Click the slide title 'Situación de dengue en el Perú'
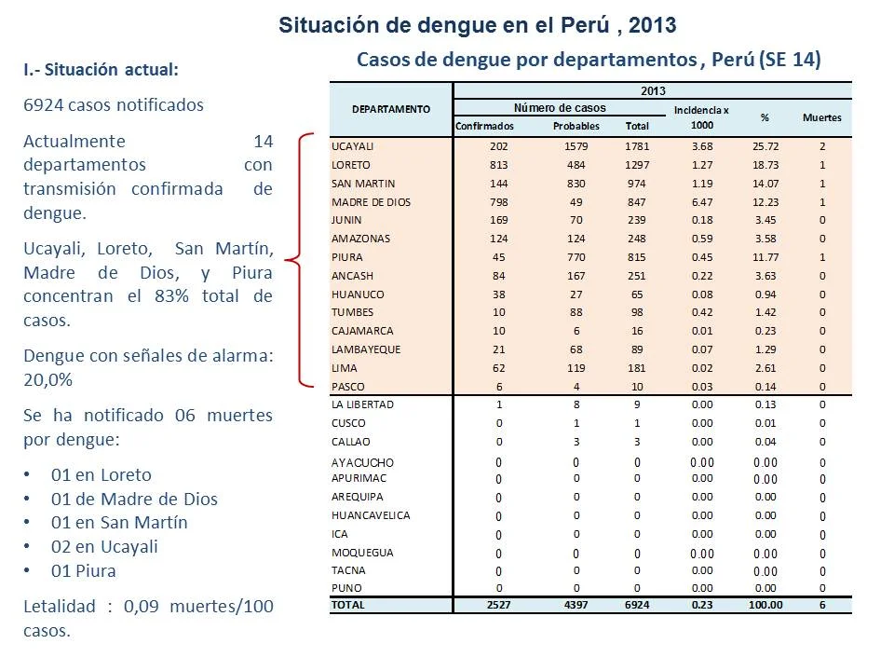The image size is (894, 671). (x=446, y=26)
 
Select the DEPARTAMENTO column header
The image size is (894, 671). (x=391, y=109)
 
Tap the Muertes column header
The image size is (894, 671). (x=821, y=117)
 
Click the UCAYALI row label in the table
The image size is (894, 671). (x=352, y=146)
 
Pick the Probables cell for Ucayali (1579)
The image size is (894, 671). (x=576, y=146)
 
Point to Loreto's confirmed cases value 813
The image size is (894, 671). (x=498, y=165)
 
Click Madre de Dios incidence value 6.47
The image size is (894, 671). (x=702, y=202)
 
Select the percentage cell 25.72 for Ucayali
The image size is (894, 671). (x=765, y=146)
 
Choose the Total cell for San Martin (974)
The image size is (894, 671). (x=636, y=184)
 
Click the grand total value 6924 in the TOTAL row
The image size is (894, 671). (x=637, y=605)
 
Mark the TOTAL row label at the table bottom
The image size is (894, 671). (x=347, y=605)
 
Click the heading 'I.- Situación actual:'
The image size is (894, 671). (x=101, y=70)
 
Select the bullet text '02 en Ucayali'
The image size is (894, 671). (x=104, y=547)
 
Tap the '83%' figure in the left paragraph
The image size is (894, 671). (x=171, y=296)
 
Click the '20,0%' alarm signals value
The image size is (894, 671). (x=47, y=379)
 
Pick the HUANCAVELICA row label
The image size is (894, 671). (x=371, y=515)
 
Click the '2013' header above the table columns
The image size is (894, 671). (x=653, y=90)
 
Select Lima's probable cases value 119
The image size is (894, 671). (x=576, y=368)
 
